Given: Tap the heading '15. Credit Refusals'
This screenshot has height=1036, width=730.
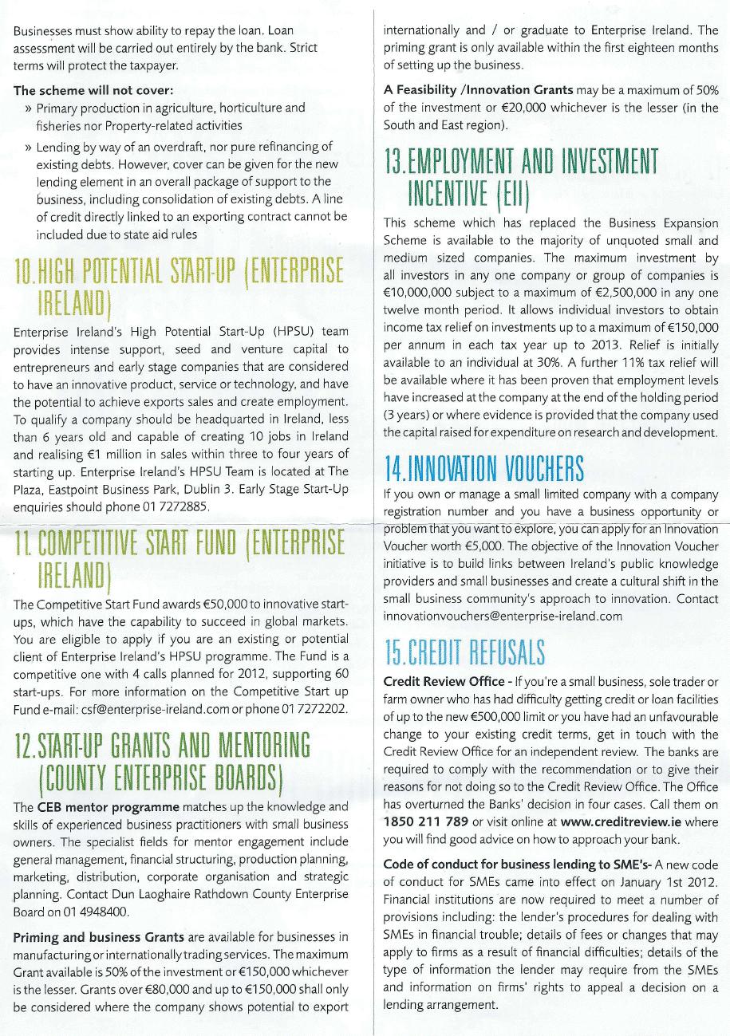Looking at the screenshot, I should click(464, 652).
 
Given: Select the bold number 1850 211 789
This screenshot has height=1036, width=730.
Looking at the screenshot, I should click(425, 821).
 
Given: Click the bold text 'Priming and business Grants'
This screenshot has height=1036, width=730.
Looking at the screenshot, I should click(99, 936).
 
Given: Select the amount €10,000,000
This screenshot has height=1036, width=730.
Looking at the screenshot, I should click(420, 292).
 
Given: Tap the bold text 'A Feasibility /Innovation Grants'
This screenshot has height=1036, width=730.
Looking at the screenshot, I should click(478, 90).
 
